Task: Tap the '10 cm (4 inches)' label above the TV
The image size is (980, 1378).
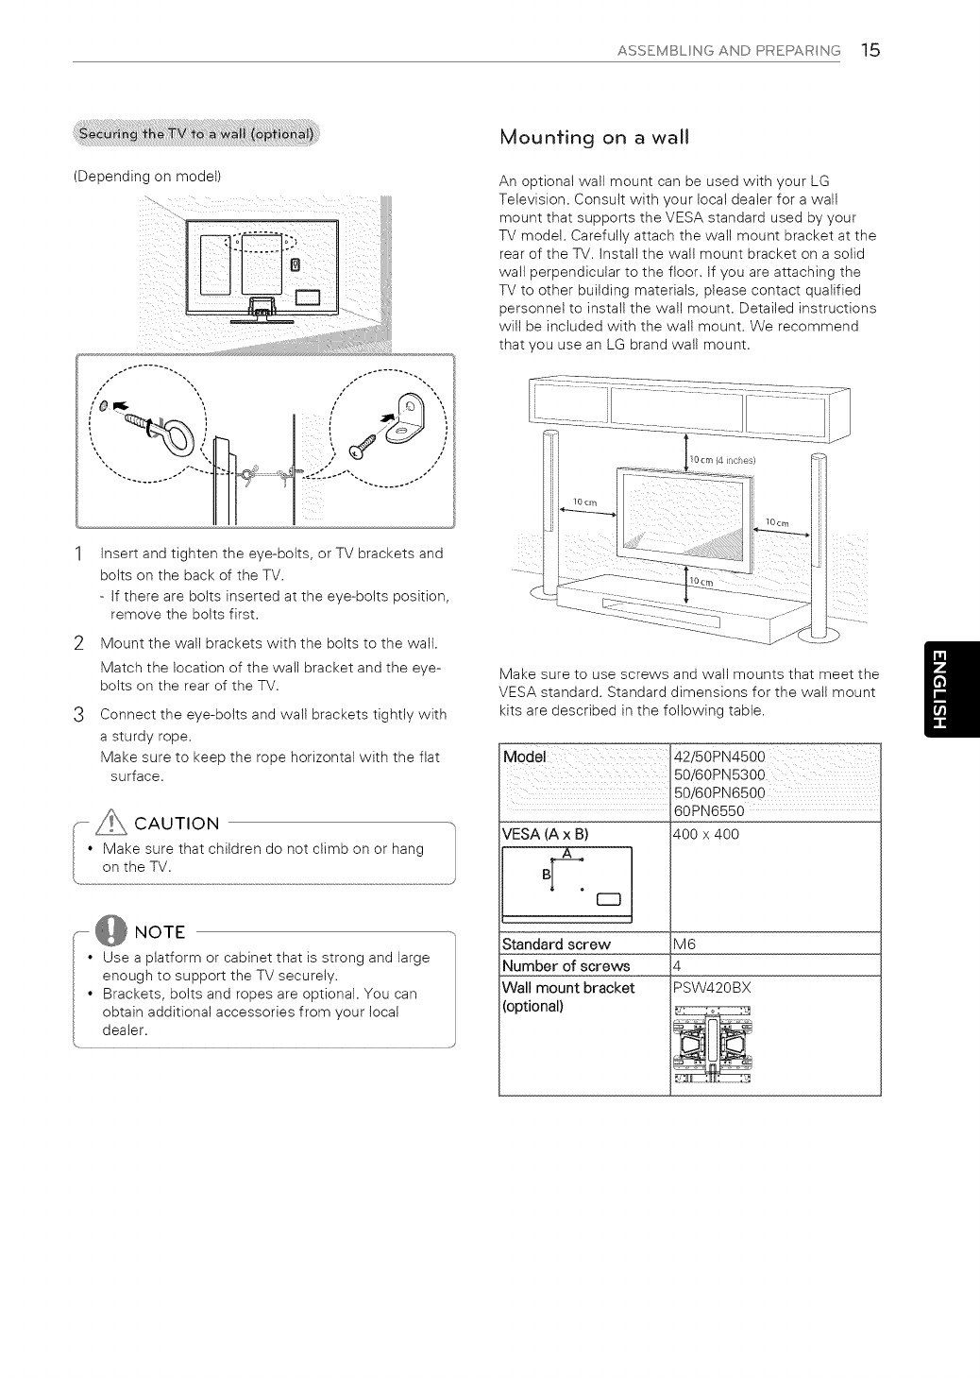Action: pyautogui.click(x=726, y=460)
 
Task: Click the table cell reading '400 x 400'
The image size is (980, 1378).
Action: pyautogui.click(x=705, y=835)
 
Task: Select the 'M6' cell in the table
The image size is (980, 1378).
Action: pyautogui.click(x=684, y=944)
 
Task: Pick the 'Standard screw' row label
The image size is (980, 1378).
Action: pyautogui.click(x=557, y=944)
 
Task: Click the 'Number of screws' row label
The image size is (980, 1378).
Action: pyautogui.click(x=566, y=965)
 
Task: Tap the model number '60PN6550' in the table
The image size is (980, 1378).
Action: pyautogui.click(x=709, y=811)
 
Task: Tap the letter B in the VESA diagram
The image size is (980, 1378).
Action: pyautogui.click(x=546, y=875)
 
